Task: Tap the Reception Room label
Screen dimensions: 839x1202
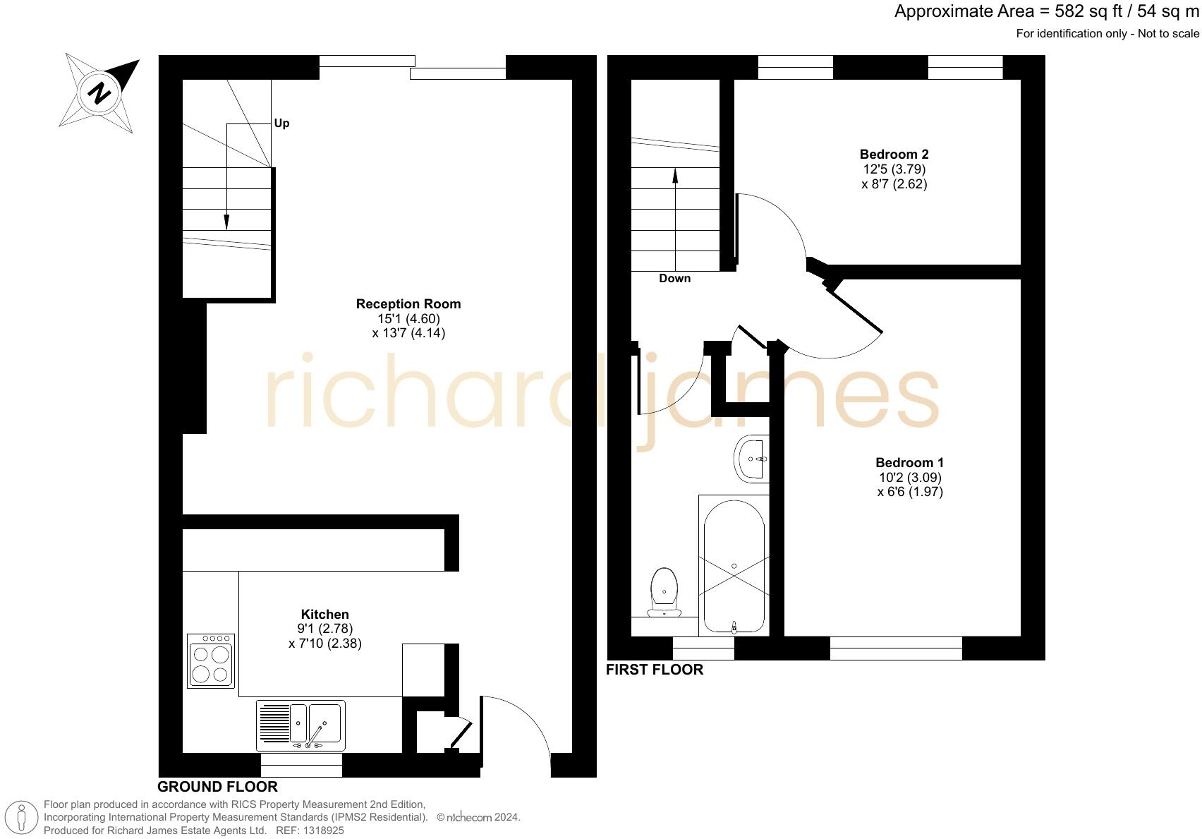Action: (x=408, y=304)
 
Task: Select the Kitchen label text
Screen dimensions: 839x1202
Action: (x=324, y=615)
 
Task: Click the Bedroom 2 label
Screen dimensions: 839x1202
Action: (x=894, y=155)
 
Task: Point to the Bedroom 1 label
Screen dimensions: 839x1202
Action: (x=909, y=463)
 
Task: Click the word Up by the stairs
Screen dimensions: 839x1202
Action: (x=281, y=123)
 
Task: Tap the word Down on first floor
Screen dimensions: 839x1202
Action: (x=674, y=279)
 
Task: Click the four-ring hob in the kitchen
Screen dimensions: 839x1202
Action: (x=211, y=660)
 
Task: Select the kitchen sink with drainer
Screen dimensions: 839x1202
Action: (x=300, y=725)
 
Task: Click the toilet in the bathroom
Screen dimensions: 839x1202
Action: (x=664, y=591)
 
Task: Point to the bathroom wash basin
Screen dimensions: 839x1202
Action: (x=752, y=459)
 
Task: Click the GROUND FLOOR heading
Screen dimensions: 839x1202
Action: (x=217, y=787)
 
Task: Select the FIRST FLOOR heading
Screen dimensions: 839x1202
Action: (x=655, y=670)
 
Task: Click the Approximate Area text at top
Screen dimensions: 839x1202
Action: (x=1046, y=12)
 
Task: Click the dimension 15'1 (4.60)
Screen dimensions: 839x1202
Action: (x=408, y=319)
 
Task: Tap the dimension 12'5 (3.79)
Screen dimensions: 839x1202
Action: (x=894, y=169)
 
